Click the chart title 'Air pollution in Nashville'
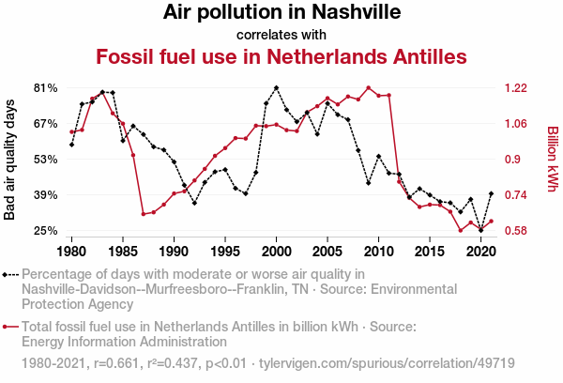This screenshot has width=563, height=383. click(281, 13)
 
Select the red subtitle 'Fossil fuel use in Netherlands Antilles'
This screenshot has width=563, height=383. click(281, 56)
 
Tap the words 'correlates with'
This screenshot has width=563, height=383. click(281, 35)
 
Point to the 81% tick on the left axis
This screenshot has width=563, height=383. click(47, 87)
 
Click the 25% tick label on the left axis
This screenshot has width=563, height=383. click(47, 230)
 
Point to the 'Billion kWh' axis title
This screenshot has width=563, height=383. click(552, 159)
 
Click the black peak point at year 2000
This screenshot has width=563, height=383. click(276, 88)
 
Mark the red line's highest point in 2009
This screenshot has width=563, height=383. click(368, 87)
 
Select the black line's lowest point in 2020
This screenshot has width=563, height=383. click(480, 230)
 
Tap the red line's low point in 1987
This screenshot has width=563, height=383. click(144, 214)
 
